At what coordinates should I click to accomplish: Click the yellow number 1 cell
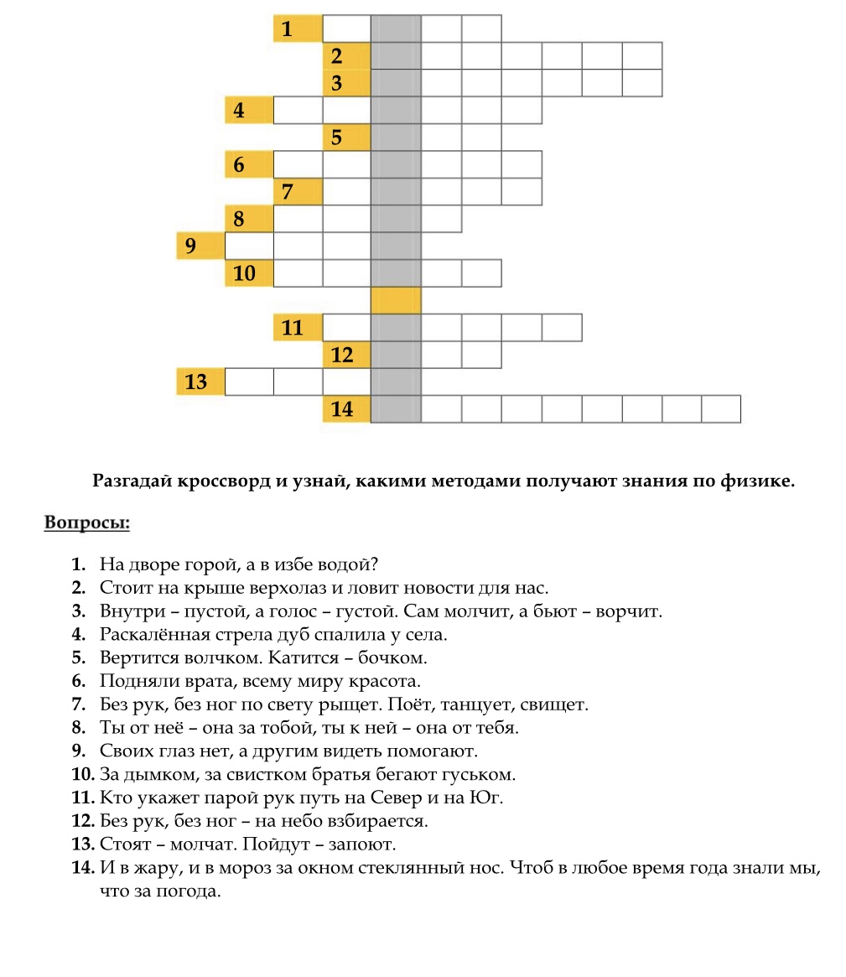point(298,29)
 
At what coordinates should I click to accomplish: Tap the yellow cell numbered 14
point(346,408)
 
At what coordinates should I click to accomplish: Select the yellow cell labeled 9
point(200,246)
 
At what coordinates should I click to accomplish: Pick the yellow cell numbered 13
point(200,382)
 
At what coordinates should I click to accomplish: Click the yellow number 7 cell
point(298,192)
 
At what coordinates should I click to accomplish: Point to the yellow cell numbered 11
point(298,327)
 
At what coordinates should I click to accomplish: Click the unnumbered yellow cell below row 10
point(396,300)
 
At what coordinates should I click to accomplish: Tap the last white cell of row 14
point(721,408)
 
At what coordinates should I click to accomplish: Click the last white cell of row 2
point(642,56)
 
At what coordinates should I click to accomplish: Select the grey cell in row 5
point(396,138)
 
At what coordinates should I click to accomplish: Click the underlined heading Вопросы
point(87,523)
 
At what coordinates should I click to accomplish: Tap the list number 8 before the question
point(80,727)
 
